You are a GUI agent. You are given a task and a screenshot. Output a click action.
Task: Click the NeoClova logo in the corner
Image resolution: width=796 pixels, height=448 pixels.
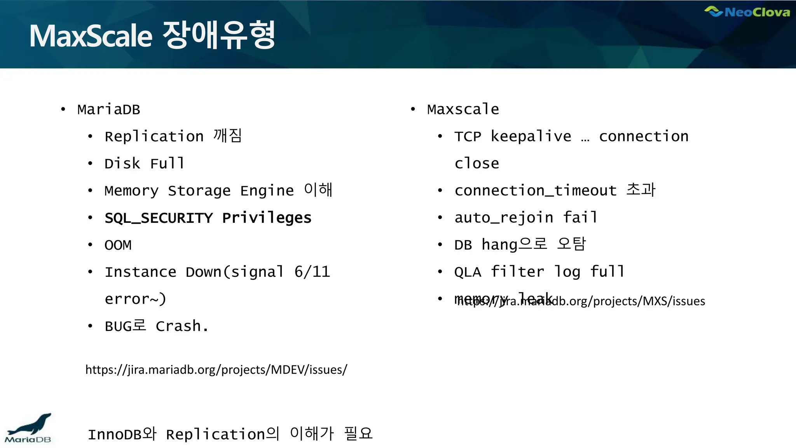tap(747, 12)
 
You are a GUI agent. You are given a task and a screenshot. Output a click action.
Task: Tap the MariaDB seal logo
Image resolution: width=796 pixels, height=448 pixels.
tap(29, 428)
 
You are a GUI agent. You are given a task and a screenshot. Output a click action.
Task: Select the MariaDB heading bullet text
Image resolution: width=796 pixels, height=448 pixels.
tap(108, 110)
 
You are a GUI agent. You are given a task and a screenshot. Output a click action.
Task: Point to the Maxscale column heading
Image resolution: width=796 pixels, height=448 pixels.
tap(463, 109)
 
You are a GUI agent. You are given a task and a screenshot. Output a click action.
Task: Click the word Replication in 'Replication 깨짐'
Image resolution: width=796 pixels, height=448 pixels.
tap(154, 136)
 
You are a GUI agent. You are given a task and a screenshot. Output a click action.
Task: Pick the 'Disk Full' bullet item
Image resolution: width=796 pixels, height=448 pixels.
tap(144, 163)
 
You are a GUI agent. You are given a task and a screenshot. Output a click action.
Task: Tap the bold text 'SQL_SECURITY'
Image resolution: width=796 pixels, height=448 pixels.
tap(159, 218)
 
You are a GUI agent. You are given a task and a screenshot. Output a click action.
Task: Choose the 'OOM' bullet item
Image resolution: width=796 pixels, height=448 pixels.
tap(118, 245)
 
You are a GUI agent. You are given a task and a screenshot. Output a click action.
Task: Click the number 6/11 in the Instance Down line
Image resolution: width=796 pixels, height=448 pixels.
tap(312, 272)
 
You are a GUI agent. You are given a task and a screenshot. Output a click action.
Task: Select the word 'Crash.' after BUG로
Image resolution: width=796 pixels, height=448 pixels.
tap(182, 326)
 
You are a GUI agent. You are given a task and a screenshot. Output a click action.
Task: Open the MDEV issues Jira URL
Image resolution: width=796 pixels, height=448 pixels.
tap(216, 369)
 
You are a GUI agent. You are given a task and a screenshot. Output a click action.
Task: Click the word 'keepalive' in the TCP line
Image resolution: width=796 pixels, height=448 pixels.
tap(531, 136)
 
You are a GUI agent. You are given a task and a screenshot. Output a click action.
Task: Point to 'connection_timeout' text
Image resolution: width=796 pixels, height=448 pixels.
tap(535, 191)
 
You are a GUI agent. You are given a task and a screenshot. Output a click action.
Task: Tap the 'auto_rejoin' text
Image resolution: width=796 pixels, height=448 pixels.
tap(504, 218)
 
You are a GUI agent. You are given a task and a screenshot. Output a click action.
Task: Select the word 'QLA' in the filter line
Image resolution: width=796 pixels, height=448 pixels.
tap(468, 272)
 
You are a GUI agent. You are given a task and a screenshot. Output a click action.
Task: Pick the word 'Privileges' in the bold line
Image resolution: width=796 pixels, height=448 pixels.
tap(267, 218)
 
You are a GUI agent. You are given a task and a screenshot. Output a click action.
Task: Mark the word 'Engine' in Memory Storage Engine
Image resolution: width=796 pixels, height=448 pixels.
tap(267, 191)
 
